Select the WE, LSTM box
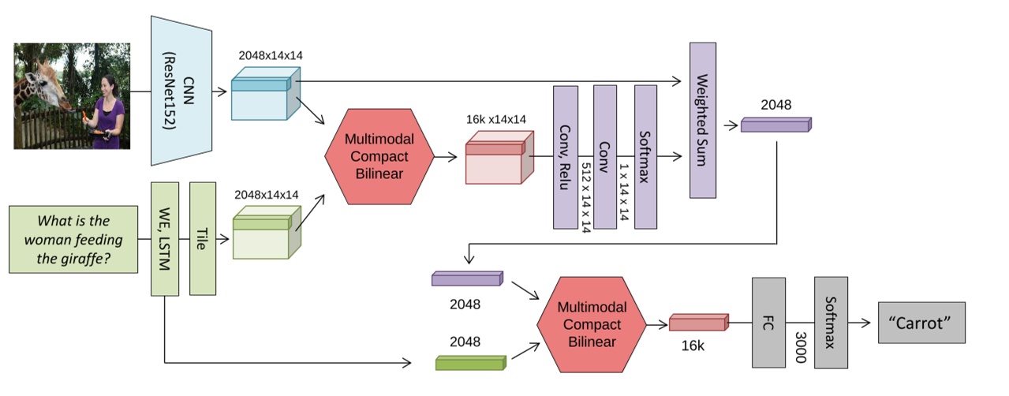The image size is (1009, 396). [x=165, y=238]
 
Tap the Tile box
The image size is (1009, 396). [x=203, y=238]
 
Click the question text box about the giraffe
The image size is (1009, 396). [x=73, y=240]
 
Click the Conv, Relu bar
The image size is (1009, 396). [x=566, y=157]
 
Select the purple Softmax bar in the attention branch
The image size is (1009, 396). [x=645, y=157]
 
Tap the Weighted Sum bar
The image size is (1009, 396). [x=702, y=120]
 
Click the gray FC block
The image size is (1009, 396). [x=769, y=322]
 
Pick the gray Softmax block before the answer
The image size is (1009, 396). [x=831, y=322]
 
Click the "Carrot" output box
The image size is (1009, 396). [x=921, y=323]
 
